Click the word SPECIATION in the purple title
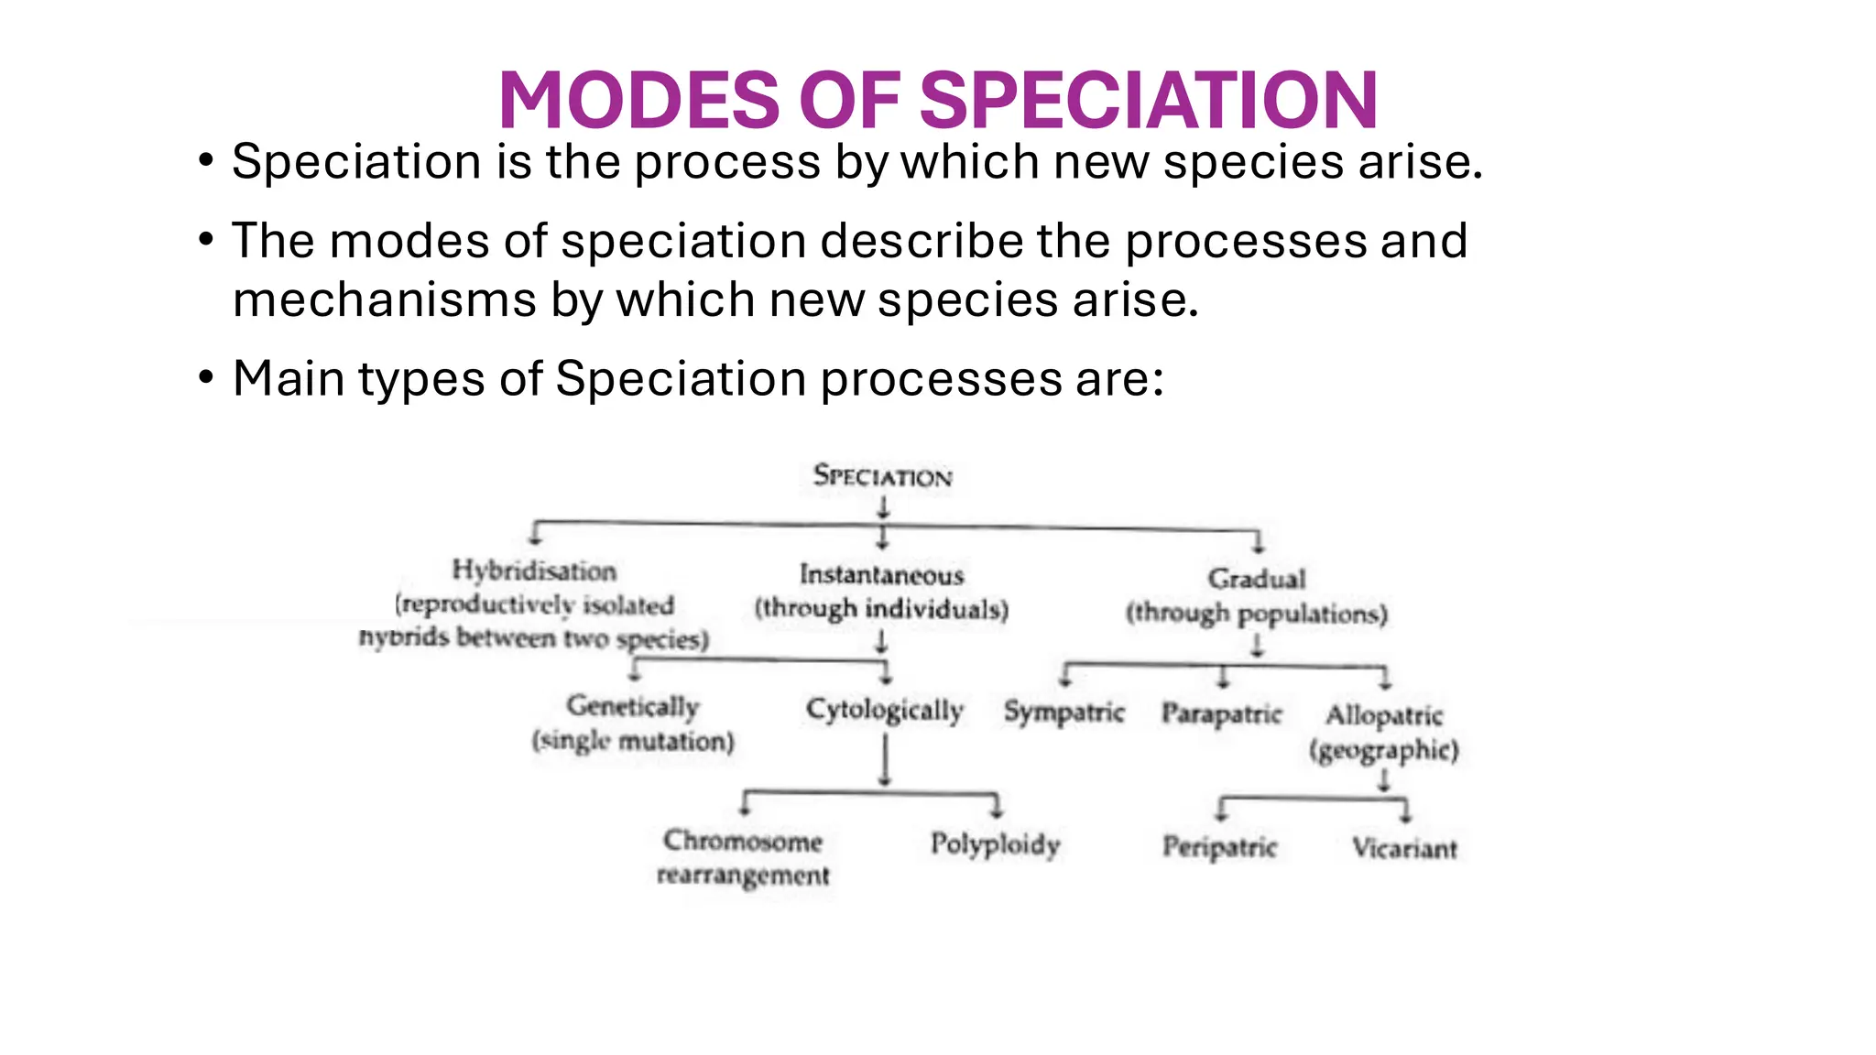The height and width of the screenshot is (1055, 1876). (1149, 101)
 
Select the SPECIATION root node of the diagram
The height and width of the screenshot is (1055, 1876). (883, 476)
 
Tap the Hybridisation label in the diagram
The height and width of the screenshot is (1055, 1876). (534, 571)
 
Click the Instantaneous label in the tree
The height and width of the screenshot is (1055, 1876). (881, 575)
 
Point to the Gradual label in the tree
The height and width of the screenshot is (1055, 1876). (1257, 579)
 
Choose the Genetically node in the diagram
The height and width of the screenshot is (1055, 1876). (633, 706)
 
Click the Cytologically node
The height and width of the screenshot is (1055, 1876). (885, 711)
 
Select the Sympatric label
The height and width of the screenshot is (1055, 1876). (1063, 712)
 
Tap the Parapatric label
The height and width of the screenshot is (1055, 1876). (1222, 712)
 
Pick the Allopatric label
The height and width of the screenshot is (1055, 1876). (1384, 715)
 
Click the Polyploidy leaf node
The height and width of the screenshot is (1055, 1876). (996, 843)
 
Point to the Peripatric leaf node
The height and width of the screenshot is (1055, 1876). (1220, 847)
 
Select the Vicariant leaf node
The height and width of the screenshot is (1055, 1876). (1404, 849)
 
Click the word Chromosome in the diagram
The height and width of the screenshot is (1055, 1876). (743, 841)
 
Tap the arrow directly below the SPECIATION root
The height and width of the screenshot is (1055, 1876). (883, 507)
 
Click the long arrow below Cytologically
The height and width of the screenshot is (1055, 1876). (885, 760)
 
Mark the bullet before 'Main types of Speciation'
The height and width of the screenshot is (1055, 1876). (206, 377)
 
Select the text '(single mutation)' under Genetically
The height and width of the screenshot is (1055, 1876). (633, 741)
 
